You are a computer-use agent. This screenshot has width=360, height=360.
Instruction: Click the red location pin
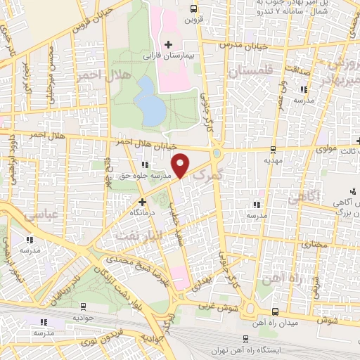[181, 165]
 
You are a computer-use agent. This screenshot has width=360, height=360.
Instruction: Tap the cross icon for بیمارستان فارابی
[168, 44]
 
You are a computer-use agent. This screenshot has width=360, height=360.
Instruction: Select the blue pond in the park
[148, 100]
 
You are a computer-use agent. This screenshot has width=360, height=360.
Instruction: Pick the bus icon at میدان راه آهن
[274, 311]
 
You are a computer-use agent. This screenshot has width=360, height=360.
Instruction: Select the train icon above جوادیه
[84, 307]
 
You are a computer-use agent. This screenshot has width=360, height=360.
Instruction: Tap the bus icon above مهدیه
[273, 148]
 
